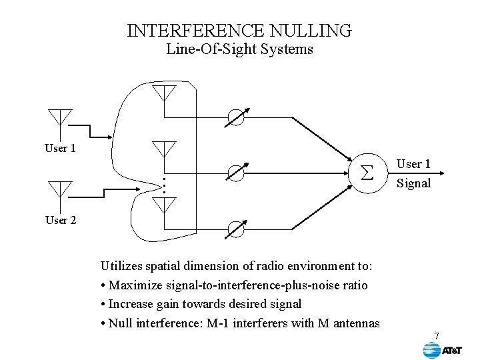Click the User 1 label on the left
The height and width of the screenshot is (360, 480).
60,148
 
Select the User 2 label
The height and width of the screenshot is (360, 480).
60,220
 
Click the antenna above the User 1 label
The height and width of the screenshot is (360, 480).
60,117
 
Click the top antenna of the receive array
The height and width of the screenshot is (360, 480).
163,92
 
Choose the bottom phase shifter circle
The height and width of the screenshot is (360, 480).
237,229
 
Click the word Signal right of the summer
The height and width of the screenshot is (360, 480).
414,183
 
